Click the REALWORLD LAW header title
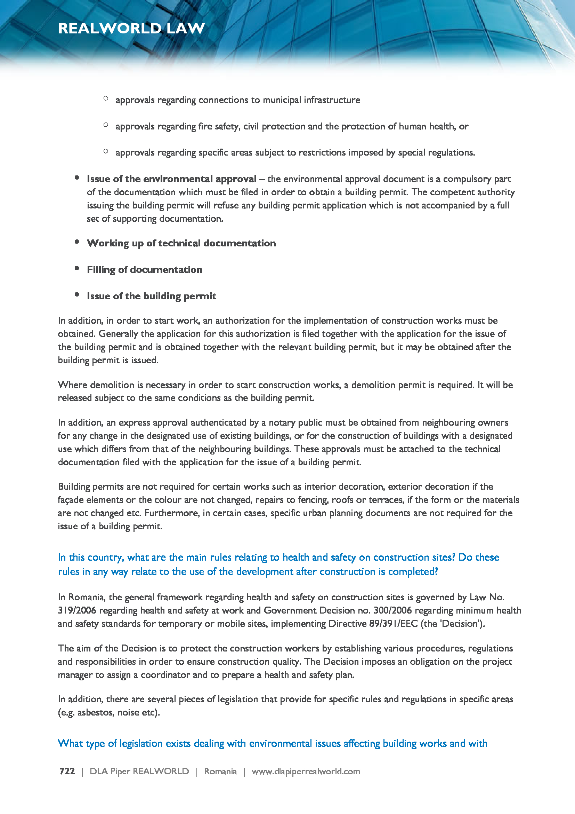131,28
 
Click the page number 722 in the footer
67,771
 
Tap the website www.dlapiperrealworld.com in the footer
306,771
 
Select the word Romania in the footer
220,771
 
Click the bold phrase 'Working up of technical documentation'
181,243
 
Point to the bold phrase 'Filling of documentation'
145,269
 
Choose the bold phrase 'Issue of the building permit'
152,296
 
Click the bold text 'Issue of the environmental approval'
172,179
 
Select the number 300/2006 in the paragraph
393,610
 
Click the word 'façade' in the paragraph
71,500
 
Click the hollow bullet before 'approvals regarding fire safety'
106,125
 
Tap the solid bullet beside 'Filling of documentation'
77,268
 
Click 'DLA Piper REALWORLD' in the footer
139,771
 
